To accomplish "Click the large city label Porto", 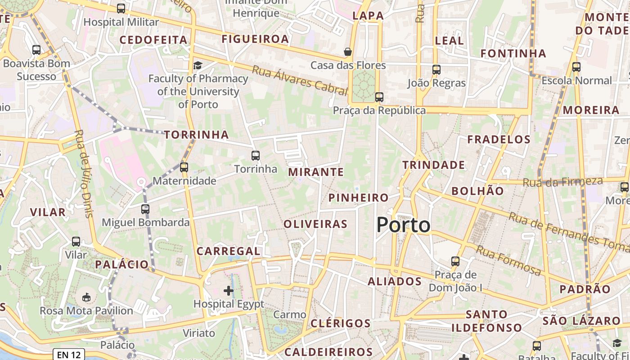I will tap(403, 225).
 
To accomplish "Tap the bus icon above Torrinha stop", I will tap(256, 156).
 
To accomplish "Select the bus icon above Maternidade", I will tap(184, 167).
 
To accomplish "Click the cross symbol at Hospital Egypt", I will tap(229, 291).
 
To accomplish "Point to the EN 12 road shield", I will tap(69, 355).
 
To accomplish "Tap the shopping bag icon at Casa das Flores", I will tap(347, 52).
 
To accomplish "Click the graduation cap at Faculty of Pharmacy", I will tap(197, 66).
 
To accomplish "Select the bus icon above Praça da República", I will tap(379, 97).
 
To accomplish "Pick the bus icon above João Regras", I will tap(436, 70).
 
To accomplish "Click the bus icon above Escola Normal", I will tap(576, 67).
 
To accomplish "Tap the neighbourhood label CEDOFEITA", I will tap(153, 40).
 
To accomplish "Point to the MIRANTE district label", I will tap(316, 172).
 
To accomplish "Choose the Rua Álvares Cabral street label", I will tap(300, 81).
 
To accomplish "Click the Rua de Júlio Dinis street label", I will tap(84, 174).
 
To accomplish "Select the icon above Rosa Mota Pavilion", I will tap(86, 297).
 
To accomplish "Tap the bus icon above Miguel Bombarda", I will tap(145, 209).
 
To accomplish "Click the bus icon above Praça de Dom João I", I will tap(455, 261).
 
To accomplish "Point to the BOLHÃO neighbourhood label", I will tap(477, 191).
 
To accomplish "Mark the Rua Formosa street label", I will tap(508, 261).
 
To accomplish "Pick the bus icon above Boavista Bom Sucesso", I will tap(36, 50).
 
